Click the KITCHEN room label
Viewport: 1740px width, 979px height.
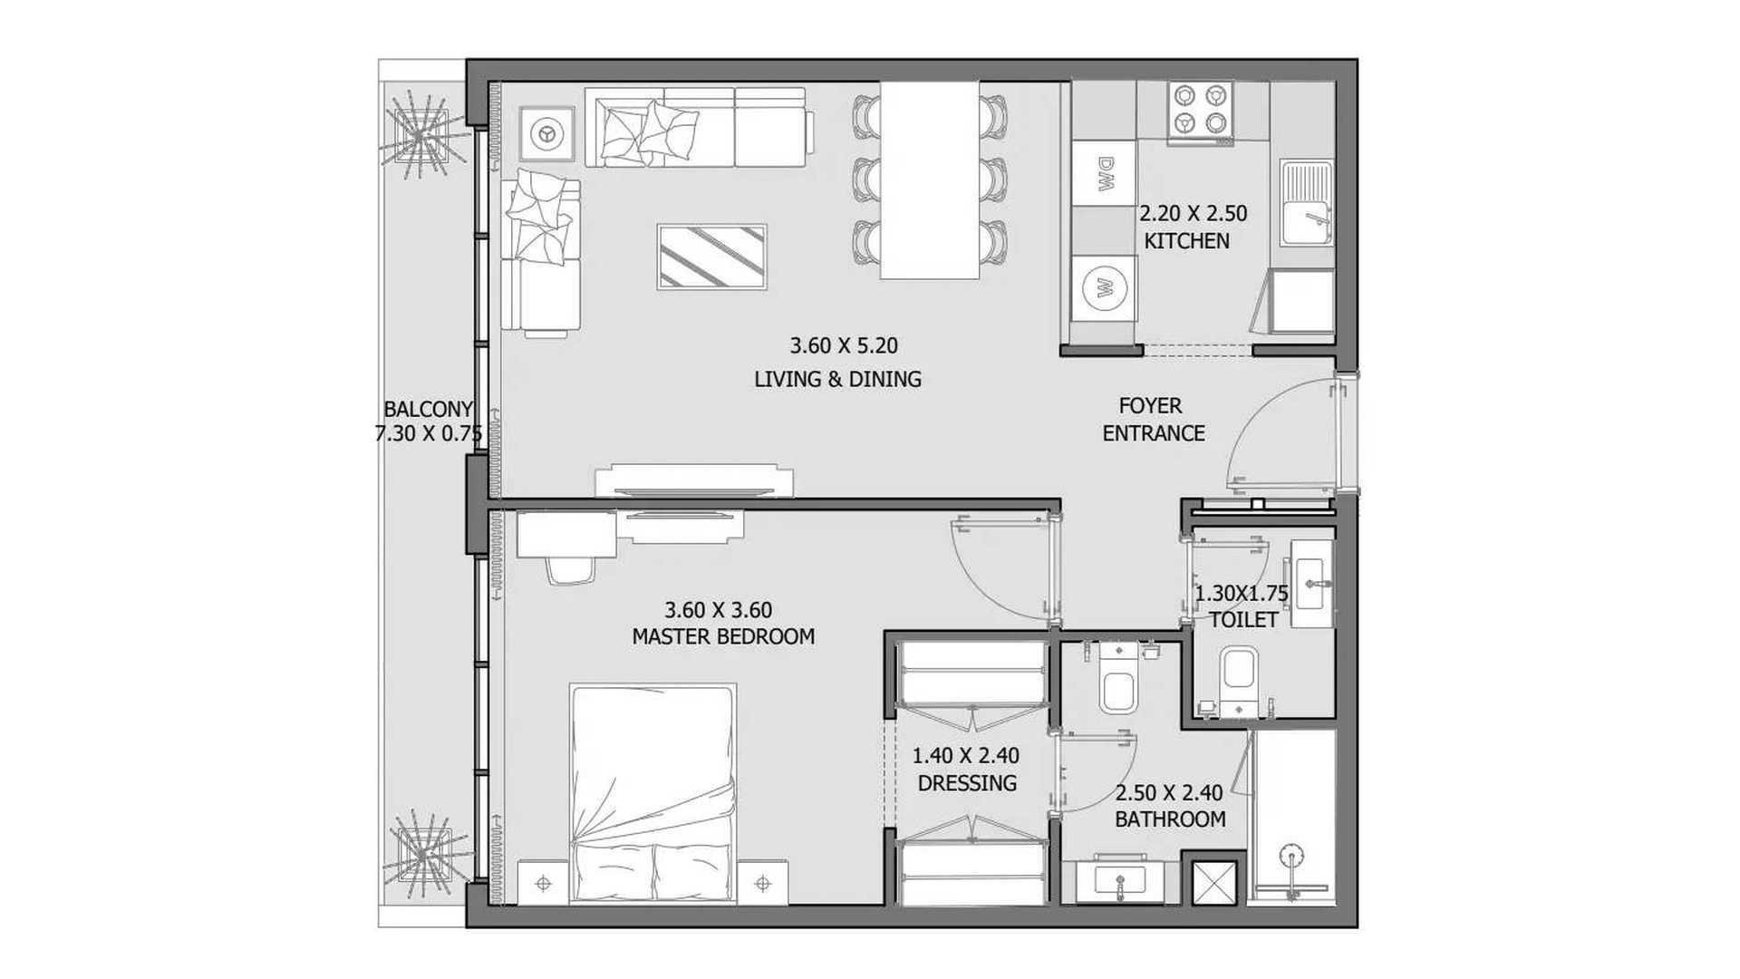[x=1186, y=241]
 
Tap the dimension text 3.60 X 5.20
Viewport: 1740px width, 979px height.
[x=844, y=345]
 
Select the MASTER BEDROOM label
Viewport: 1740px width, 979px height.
[x=723, y=636]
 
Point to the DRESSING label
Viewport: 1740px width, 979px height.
[x=967, y=782]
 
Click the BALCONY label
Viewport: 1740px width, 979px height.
[x=428, y=410]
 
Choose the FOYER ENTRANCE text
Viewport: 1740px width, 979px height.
[x=1153, y=420]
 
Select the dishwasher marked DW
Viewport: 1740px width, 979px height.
[x=1104, y=174]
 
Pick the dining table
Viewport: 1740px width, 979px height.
[x=930, y=180]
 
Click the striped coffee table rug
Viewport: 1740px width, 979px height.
[x=712, y=257]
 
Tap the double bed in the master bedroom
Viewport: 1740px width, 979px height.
[x=652, y=794]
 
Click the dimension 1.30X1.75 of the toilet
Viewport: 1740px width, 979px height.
[x=1241, y=594]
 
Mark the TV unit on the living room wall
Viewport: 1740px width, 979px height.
[x=694, y=480]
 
